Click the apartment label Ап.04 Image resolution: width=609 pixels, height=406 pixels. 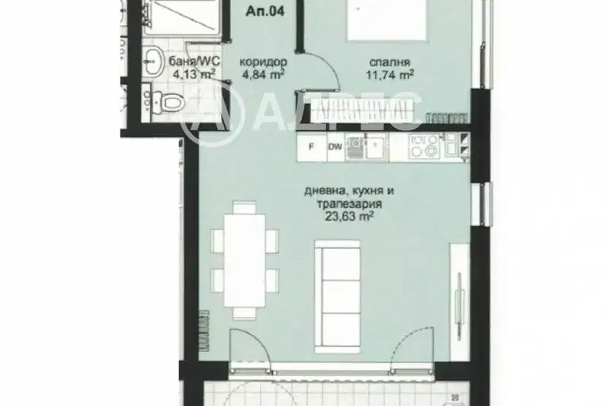pyautogui.click(x=265, y=11)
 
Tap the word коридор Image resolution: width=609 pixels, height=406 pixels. pyautogui.click(x=263, y=62)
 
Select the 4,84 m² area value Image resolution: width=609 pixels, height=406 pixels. pyautogui.click(x=263, y=74)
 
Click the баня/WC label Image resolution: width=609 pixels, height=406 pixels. pyautogui.click(x=194, y=61)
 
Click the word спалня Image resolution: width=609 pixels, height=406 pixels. pyautogui.click(x=389, y=62)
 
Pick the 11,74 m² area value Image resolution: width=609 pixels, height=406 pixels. pyautogui.click(x=389, y=74)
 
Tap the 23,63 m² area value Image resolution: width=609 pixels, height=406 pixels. pyautogui.click(x=350, y=216)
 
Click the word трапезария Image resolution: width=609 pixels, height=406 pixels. pyautogui.click(x=350, y=204)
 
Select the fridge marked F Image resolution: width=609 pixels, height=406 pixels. pyautogui.click(x=312, y=147)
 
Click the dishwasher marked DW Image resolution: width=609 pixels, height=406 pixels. pyautogui.click(x=335, y=147)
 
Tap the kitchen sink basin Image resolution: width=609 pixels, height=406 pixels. pyautogui.click(x=377, y=146)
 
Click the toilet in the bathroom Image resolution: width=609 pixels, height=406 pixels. pyautogui.click(x=168, y=103)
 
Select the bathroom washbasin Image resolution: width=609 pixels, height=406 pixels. pyautogui.click(x=153, y=62)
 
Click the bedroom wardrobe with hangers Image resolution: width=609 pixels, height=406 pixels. pyautogui.click(x=362, y=110)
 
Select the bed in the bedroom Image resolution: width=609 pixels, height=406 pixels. pyautogui.click(x=387, y=20)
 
